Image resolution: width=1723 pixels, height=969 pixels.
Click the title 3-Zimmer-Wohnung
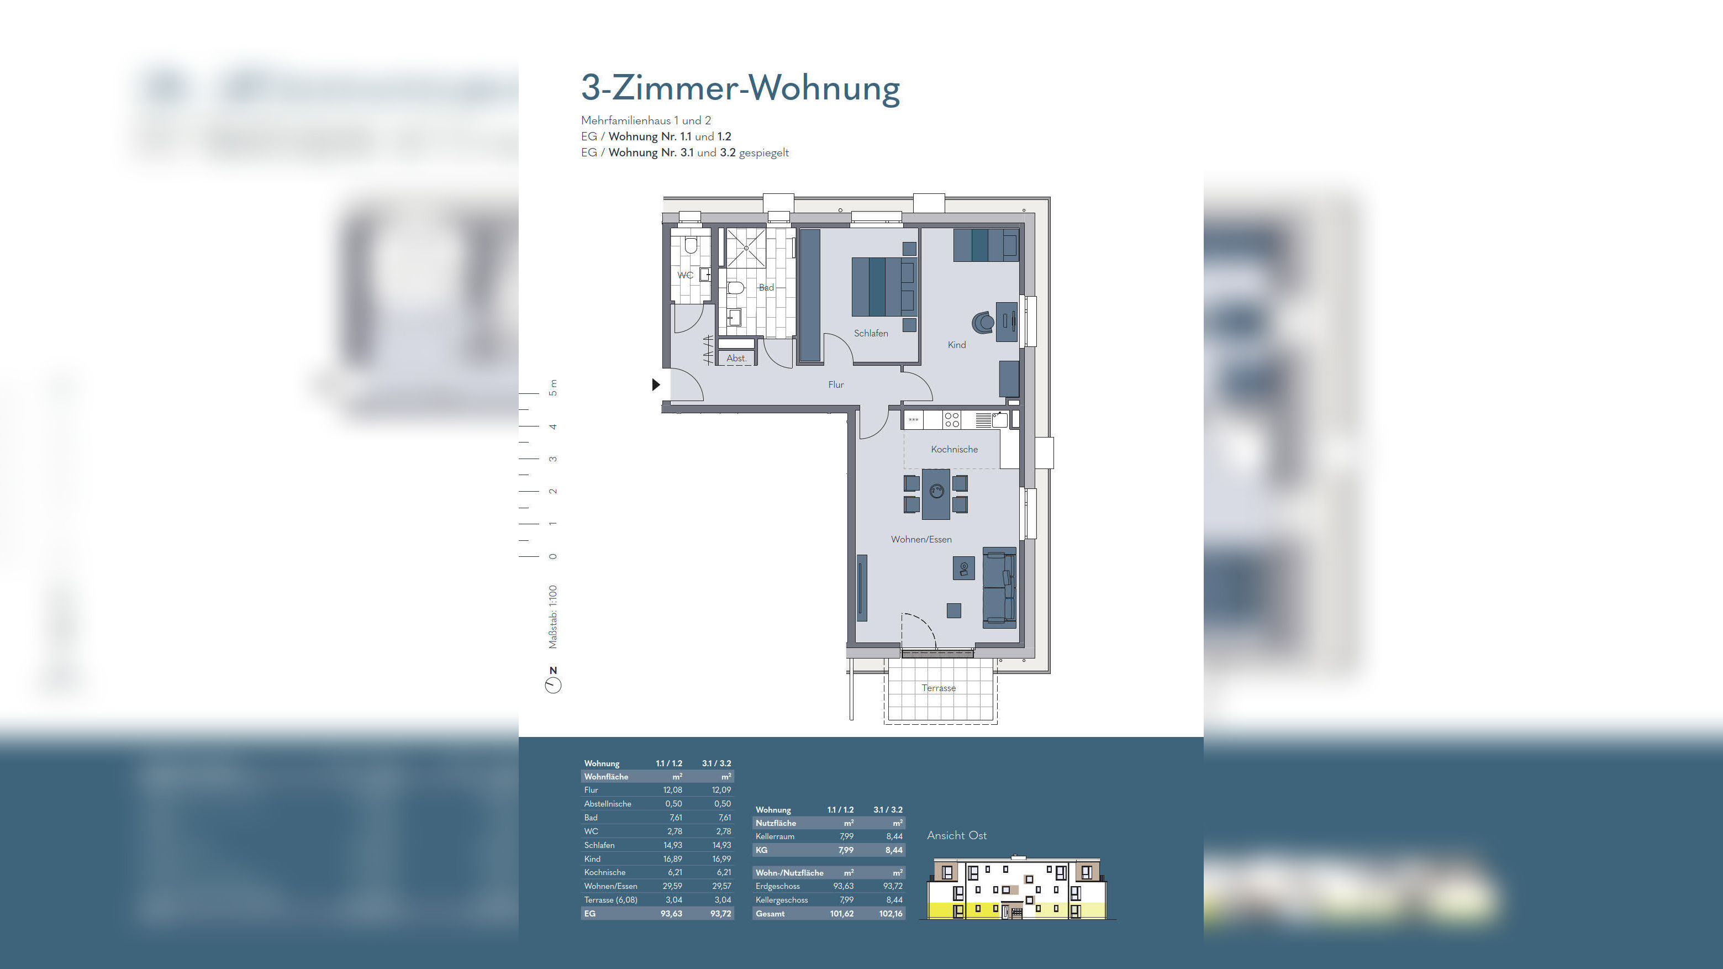tap(740, 88)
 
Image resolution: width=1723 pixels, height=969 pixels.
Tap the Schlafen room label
tap(871, 333)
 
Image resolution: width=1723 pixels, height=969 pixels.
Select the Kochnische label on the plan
tap(954, 449)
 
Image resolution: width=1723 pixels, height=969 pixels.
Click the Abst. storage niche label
tap(736, 359)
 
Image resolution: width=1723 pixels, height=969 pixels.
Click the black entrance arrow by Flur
tap(656, 385)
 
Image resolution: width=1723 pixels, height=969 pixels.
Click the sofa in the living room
tap(999, 588)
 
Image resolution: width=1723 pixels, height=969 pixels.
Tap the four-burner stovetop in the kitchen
tap(951, 420)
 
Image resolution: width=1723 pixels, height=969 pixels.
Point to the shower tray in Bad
tap(746, 248)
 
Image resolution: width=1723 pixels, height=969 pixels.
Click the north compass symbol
tap(553, 684)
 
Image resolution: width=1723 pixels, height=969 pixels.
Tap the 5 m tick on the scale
tap(530, 393)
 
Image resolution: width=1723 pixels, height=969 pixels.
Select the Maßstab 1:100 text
tap(553, 617)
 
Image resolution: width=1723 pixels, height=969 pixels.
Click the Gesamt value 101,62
tap(841, 914)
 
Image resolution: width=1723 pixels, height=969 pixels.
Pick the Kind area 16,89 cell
tap(672, 859)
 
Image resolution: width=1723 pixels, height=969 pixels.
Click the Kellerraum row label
tap(774, 836)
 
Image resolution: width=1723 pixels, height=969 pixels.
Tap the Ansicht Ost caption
tap(956, 835)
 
